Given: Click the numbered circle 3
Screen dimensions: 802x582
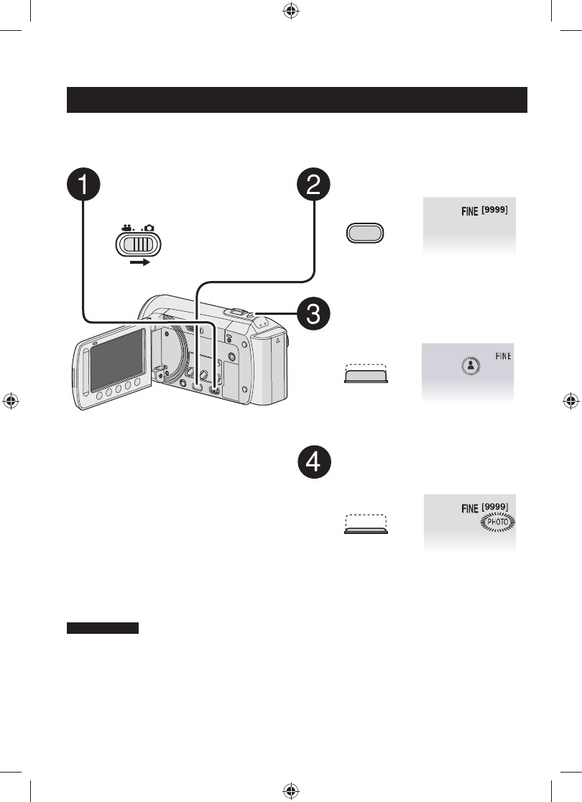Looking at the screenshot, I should click(x=314, y=313).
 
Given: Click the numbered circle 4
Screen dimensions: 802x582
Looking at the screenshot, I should click(x=314, y=464).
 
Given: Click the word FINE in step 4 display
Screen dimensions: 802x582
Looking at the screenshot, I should click(x=468, y=508).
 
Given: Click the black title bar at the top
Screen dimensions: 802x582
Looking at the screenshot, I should click(x=297, y=100).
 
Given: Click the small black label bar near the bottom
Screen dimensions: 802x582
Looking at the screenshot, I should click(x=102, y=629).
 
